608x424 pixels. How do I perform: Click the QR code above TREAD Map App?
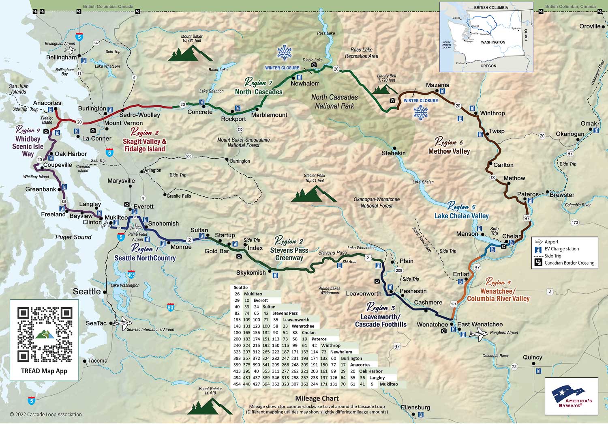[44, 335]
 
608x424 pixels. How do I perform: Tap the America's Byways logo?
[572, 396]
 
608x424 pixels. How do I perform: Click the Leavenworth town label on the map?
[364, 293]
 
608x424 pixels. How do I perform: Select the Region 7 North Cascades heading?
[259, 88]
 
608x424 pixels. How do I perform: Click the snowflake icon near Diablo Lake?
[284, 53]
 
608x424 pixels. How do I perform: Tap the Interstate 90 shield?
[170, 307]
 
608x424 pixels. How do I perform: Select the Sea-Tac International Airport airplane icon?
[122, 324]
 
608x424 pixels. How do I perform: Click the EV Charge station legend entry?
[561, 249]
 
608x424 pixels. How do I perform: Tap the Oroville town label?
[590, 26]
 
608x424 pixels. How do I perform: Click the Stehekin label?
[394, 153]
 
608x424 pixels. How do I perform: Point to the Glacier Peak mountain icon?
[313, 195]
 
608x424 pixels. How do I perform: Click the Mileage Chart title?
[317, 398]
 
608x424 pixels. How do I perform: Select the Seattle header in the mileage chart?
[241, 287]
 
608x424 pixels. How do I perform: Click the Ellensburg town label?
[415, 407]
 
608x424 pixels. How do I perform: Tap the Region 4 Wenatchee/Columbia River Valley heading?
[498, 295]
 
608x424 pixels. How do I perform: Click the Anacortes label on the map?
[47, 103]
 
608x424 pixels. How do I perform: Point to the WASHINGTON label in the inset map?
[493, 42]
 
